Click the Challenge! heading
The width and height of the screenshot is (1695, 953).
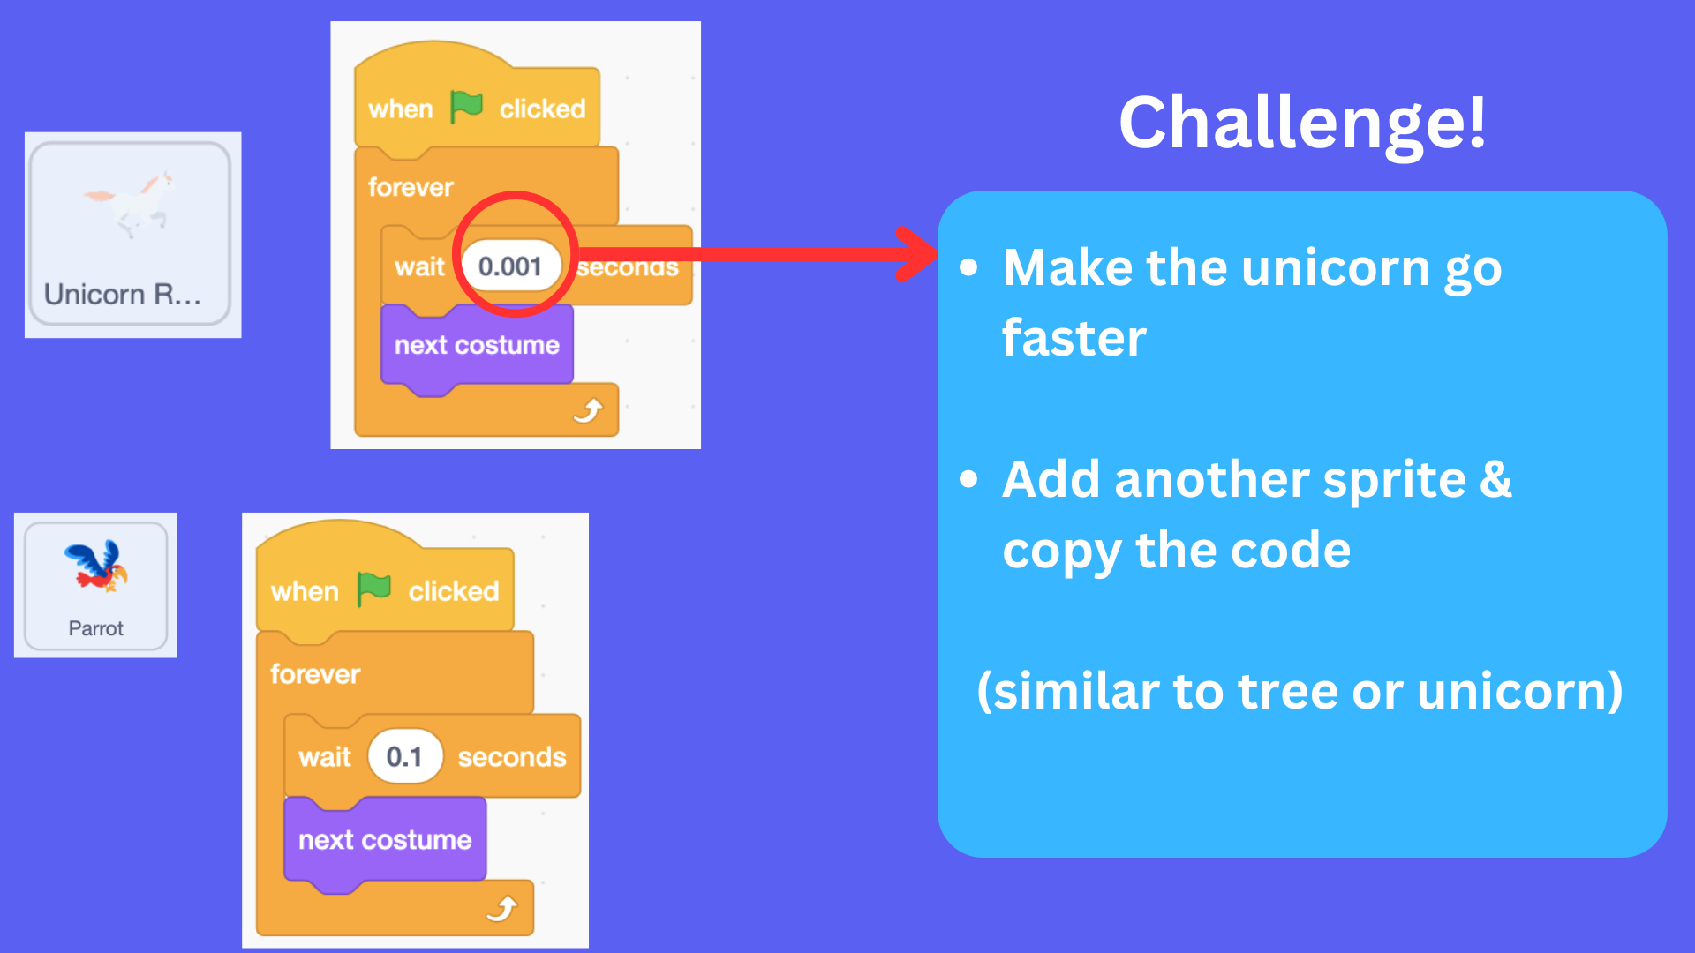pos(1302,123)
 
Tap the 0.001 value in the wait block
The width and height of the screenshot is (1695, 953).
pos(509,266)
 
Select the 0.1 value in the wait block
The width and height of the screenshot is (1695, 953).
pos(404,757)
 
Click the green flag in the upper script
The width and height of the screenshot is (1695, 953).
pos(466,107)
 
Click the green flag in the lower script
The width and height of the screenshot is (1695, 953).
pos(374,589)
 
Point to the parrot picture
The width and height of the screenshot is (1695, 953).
pos(96,566)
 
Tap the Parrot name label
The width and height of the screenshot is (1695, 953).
pos(96,628)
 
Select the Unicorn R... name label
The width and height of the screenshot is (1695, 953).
pos(123,294)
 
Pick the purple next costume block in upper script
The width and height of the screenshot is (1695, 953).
pos(477,345)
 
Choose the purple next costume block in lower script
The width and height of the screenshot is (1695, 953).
pos(385,839)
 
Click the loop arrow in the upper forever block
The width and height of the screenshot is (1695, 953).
pos(589,410)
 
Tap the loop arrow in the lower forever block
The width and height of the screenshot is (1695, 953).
pos(503,908)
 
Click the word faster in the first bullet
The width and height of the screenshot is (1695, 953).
pos(1074,338)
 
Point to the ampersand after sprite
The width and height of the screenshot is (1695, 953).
pos(1496,479)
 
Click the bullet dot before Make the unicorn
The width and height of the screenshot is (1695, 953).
pos(969,266)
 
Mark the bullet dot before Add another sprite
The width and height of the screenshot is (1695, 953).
pos(969,479)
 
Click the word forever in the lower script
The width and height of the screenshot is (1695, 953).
pos(315,674)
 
